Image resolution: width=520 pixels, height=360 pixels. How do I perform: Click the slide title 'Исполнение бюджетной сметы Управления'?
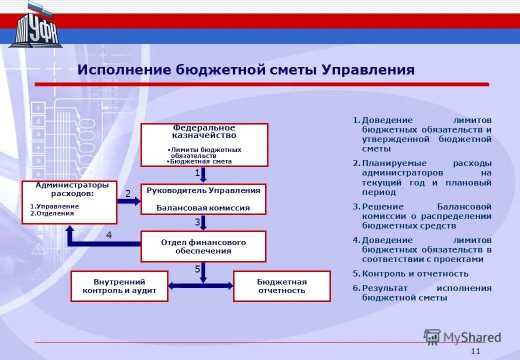[245, 70]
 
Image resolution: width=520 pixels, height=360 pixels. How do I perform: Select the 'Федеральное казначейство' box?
[204, 144]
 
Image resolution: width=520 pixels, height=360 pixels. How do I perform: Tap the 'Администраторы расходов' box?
[69, 202]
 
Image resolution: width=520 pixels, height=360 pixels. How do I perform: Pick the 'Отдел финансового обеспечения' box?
[203, 246]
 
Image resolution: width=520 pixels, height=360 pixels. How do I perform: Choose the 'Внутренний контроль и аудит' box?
[119, 286]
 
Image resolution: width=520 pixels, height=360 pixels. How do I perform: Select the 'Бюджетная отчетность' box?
[281, 286]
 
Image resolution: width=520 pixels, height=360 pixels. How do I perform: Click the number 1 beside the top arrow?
[197, 173]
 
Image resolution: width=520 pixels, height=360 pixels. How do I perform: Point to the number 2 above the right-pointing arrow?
[127, 193]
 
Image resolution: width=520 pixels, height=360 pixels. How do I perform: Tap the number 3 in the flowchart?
[197, 221]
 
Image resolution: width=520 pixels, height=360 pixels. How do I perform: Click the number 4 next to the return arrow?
[108, 234]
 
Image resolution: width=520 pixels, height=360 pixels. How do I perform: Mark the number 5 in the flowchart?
[197, 269]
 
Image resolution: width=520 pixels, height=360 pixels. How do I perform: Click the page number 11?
[475, 351]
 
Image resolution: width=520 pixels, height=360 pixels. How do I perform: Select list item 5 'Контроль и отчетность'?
[414, 273]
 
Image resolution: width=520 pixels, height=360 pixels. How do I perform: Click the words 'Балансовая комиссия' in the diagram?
[203, 208]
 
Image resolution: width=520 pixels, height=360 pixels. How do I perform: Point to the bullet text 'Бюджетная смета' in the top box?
[200, 161]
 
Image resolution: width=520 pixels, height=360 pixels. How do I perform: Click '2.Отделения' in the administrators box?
[52, 213]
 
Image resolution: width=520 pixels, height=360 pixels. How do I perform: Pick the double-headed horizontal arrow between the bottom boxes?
[200, 285]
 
